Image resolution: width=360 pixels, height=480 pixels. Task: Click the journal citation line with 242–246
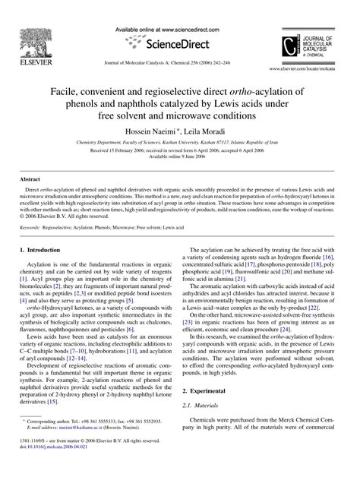[x=179, y=68]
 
